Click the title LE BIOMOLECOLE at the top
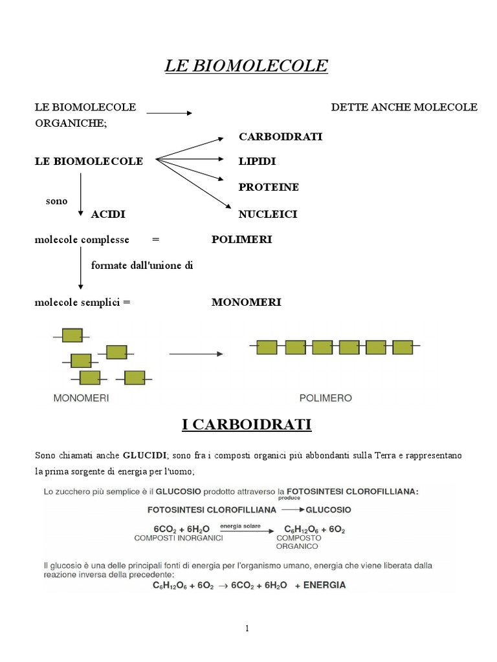[247, 66]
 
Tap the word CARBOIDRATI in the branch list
[280, 136]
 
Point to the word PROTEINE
[269, 187]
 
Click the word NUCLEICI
[268, 214]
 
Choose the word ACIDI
[108, 214]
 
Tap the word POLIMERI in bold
[242, 240]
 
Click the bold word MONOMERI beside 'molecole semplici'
[247, 303]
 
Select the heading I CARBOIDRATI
[247, 425]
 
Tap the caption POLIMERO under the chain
[326, 398]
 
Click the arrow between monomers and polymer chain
[195, 354]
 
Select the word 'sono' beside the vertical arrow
[56, 201]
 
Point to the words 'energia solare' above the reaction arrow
[240, 527]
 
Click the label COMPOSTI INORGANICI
[179, 538]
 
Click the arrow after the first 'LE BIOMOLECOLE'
[169, 113]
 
